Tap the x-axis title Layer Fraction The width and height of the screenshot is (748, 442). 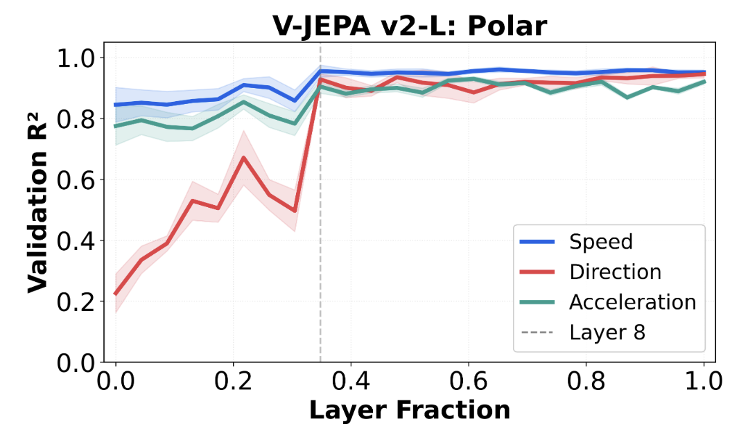[x=409, y=410]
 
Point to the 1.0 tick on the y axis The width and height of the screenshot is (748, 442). [x=78, y=58]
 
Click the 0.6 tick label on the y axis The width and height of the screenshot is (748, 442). [x=78, y=179]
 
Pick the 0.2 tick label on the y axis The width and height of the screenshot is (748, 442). [x=78, y=301]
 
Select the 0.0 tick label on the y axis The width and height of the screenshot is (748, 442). [x=78, y=362]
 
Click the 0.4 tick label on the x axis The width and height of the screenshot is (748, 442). [x=351, y=381]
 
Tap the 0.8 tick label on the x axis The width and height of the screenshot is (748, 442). [x=586, y=381]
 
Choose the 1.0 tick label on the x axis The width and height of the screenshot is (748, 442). [x=704, y=381]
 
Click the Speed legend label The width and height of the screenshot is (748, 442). [x=601, y=242]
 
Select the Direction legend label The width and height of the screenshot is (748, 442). [x=615, y=272]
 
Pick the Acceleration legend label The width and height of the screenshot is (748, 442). [x=632, y=302]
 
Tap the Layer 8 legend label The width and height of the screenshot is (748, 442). [x=607, y=333]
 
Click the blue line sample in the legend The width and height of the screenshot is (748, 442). [x=537, y=242]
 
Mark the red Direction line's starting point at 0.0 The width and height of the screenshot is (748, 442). [x=116, y=294]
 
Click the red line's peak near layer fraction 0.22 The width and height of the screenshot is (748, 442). [x=243, y=158]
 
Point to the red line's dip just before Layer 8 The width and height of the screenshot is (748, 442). [x=295, y=211]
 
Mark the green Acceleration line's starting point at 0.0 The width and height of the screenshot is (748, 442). [x=116, y=126]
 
